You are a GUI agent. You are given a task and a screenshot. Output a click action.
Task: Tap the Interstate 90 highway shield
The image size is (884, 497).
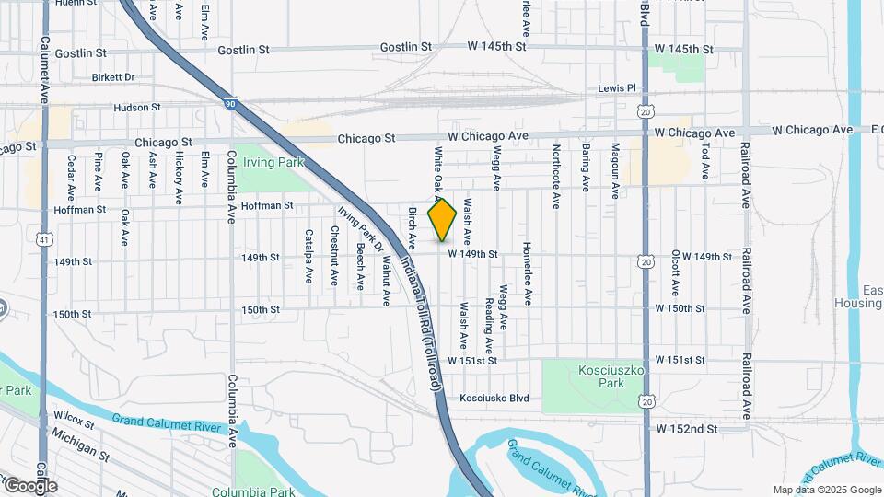click(x=229, y=105)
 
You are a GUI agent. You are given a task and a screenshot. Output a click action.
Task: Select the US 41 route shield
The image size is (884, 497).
click(x=44, y=239)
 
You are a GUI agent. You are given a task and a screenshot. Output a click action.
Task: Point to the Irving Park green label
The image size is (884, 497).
click(x=266, y=162)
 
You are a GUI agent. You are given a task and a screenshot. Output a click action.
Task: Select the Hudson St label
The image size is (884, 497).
click(x=137, y=108)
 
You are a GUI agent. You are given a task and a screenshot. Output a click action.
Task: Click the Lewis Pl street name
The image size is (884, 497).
click(x=617, y=88)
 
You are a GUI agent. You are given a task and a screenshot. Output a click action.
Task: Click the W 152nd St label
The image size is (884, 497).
click(x=686, y=429)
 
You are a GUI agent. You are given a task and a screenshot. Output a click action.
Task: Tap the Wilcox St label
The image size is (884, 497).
click(x=75, y=422)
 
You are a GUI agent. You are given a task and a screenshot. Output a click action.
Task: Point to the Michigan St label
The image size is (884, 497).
click(x=81, y=444)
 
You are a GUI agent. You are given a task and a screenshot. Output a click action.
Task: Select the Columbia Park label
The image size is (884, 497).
click(x=246, y=491)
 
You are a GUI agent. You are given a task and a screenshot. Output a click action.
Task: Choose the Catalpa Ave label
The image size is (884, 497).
click(x=308, y=258)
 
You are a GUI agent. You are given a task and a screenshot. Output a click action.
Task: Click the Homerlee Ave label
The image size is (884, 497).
click(x=528, y=274)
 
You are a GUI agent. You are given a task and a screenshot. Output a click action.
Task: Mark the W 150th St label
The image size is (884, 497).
click(x=680, y=308)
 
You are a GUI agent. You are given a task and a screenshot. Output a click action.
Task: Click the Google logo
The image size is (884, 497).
click(x=29, y=485)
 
